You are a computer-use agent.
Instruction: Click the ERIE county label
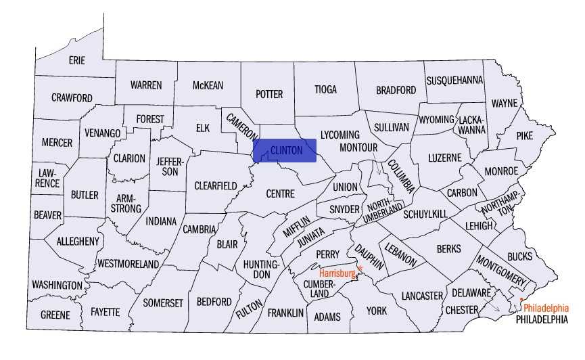77,61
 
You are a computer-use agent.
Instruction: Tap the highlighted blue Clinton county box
285,150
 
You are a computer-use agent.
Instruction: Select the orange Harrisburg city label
337,273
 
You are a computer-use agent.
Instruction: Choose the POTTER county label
268,95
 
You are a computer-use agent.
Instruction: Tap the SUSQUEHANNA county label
454,80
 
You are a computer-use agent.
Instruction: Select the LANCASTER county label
421,296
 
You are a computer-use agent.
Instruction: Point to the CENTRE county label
280,194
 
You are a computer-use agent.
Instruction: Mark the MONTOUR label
358,147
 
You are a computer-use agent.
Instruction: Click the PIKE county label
525,135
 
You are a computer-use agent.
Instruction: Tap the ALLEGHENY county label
78,241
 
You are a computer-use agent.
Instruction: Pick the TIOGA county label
325,89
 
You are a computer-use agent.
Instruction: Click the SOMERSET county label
163,303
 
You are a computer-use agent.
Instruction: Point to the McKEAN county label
208,85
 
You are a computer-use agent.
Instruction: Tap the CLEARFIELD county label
216,185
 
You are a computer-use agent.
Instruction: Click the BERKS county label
448,249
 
